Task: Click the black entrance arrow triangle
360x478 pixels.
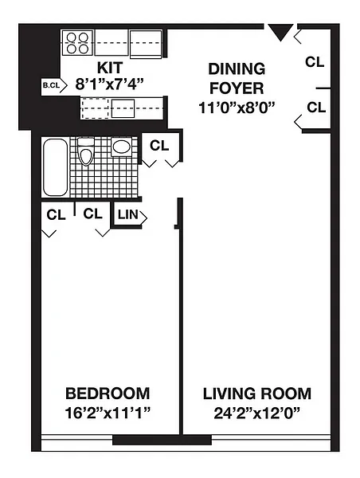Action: click(280, 32)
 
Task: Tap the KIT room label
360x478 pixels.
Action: click(110, 68)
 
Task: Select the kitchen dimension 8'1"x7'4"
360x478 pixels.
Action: click(109, 84)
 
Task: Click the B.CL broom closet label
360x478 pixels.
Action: click(51, 86)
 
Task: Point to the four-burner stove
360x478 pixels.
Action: click(77, 43)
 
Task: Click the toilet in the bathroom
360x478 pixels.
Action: click(86, 151)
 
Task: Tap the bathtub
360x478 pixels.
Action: click(55, 167)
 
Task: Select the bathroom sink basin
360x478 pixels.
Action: click(122, 147)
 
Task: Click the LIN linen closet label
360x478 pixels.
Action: click(128, 214)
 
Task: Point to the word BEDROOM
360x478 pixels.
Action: click(108, 394)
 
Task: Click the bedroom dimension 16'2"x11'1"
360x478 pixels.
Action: click(108, 413)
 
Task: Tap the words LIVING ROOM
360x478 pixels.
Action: click(257, 394)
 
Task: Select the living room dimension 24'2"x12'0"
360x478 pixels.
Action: click(257, 413)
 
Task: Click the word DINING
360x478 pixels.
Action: click(237, 69)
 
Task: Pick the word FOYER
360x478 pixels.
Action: click(237, 88)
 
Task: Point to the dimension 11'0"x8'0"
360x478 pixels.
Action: click(237, 108)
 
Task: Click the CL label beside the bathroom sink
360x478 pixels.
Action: click(159, 146)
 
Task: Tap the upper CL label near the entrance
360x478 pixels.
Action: click(315, 62)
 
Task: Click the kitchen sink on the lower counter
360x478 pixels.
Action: click(123, 108)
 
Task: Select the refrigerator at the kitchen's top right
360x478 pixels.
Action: click(146, 44)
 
